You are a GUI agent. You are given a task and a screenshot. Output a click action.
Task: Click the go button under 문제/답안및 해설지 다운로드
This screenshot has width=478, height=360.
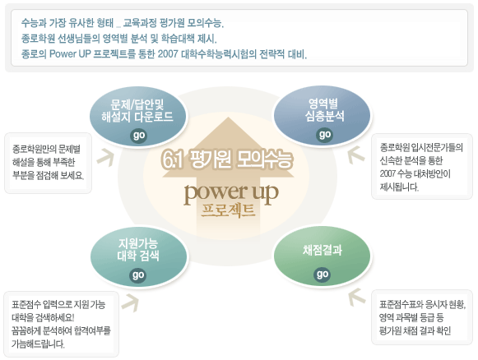[x=139, y=136]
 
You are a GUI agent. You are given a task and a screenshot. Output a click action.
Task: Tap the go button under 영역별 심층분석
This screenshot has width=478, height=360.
[x=324, y=135]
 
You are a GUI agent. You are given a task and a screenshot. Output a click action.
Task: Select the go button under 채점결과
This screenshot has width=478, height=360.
[x=322, y=275]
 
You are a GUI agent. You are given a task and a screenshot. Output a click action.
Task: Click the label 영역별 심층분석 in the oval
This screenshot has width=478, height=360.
[x=324, y=110]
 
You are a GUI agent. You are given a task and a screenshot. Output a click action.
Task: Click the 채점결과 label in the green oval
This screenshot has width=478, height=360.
[x=323, y=251]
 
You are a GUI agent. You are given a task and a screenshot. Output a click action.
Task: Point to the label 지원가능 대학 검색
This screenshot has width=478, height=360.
[x=138, y=249]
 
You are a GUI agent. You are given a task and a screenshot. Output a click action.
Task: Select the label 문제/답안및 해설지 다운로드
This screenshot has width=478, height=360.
[x=137, y=111]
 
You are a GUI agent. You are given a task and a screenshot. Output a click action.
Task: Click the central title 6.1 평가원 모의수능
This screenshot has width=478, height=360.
[x=227, y=159]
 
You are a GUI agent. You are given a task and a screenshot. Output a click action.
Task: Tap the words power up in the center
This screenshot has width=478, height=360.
[x=231, y=193]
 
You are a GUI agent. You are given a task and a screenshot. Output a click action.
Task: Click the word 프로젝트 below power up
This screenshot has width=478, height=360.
[x=228, y=210]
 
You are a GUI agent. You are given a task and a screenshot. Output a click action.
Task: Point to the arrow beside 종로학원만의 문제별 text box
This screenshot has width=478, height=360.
[x=106, y=157]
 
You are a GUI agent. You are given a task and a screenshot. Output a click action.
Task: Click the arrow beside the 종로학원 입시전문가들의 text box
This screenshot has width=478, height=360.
[x=356, y=155]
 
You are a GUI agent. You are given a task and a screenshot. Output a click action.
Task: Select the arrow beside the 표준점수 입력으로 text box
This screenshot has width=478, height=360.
[x=130, y=302]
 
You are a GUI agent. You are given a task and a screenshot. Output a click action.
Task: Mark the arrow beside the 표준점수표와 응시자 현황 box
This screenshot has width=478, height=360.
[x=357, y=297]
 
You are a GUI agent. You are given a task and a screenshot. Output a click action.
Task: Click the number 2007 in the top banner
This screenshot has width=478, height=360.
[x=168, y=54]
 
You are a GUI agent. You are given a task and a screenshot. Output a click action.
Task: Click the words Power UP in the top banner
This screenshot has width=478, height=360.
[x=70, y=54]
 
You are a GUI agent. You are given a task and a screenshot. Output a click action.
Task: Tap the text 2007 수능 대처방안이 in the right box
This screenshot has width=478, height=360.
[x=415, y=173]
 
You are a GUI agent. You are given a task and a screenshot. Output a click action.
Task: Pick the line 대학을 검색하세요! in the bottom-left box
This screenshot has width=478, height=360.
[x=43, y=317]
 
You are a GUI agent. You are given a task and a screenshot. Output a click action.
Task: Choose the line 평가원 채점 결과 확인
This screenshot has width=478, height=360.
[x=415, y=330]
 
